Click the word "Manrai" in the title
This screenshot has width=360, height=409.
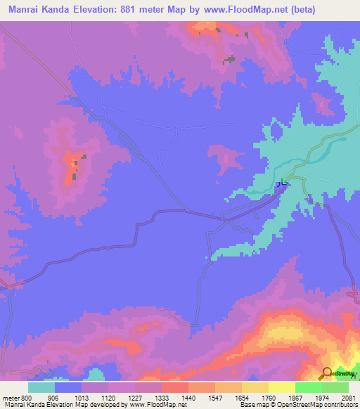pyautogui.click(x=28, y=10)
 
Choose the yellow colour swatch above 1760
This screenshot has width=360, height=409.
pyautogui.click(x=255, y=387)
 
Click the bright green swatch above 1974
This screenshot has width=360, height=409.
pyautogui.click(x=309, y=387)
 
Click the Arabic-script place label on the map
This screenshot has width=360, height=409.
pyautogui.click(x=281, y=183)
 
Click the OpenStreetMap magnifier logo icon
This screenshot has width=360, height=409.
pyautogui.click(x=327, y=373)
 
